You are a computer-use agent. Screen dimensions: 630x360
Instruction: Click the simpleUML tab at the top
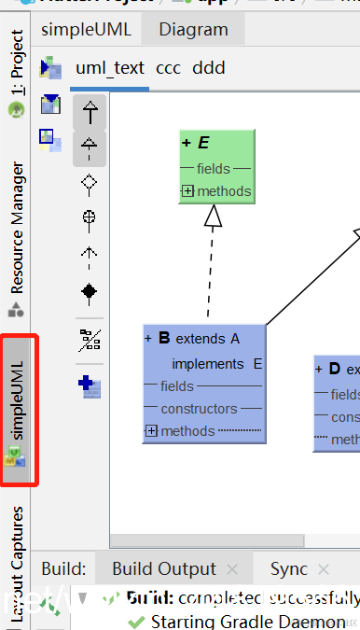(87, 30)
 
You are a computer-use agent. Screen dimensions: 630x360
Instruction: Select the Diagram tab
(193, 30)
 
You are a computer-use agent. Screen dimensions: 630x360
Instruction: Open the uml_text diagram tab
(109, 68)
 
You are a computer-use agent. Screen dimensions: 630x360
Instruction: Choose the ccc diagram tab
(169, 68)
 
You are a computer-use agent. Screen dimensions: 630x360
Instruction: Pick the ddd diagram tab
(209, 68)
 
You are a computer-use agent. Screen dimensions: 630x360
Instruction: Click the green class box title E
(203, 143)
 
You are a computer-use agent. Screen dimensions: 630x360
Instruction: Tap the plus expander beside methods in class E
(187, 191)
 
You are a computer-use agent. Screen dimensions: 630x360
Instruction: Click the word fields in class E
(215, 169)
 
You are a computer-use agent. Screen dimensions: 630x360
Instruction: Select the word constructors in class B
(199, 409)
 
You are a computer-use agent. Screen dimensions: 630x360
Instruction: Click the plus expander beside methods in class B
(151, 431)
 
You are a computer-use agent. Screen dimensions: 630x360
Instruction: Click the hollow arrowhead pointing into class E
(214, 217)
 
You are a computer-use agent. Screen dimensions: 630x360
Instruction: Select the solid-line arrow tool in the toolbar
(90, 114)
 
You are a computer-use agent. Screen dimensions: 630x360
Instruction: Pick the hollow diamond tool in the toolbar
(90, 184)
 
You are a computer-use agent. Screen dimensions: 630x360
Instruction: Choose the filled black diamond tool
(90, 292)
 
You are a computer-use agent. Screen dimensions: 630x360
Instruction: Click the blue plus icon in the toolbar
(90, 384)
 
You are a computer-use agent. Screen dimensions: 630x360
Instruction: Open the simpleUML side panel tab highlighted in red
(19, 411)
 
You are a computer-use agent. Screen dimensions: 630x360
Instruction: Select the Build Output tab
(163, 568)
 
